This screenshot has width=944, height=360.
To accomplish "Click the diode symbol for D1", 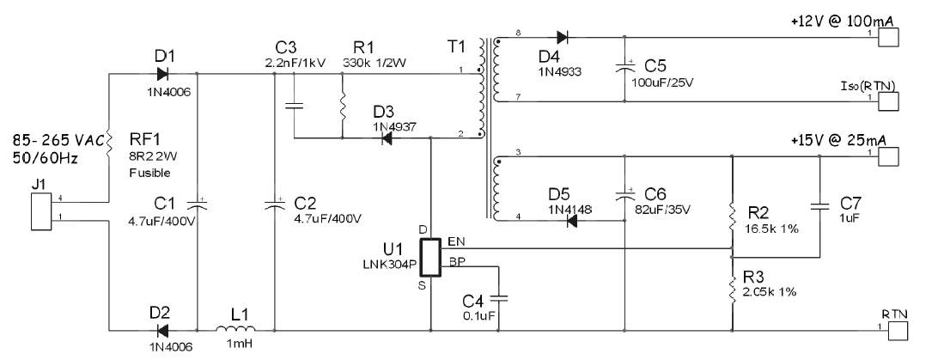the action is pos(162,74).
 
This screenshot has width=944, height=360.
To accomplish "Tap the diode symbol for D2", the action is pos(162,330).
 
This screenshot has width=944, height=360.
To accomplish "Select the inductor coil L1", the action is pos(235,328).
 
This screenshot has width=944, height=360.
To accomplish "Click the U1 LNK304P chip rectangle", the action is pos(430,258).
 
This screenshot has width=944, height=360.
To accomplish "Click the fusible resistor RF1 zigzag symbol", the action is pos(109,143).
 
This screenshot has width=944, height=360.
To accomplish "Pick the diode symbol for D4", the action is pos(563,37).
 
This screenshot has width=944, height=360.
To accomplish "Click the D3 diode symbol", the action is pos(387,138).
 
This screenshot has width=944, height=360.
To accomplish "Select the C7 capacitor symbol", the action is pos(820,206).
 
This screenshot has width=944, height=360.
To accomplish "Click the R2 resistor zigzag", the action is pos(732,217).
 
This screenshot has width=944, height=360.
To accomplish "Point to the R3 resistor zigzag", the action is pos(732,289).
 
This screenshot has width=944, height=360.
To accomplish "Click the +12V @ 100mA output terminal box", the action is pos(889,37).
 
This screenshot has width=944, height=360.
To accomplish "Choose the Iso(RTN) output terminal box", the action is pos(889,101).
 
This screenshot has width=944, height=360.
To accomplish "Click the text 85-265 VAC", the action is pos(58,142).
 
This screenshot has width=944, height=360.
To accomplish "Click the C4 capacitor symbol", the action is pos(499,297).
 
